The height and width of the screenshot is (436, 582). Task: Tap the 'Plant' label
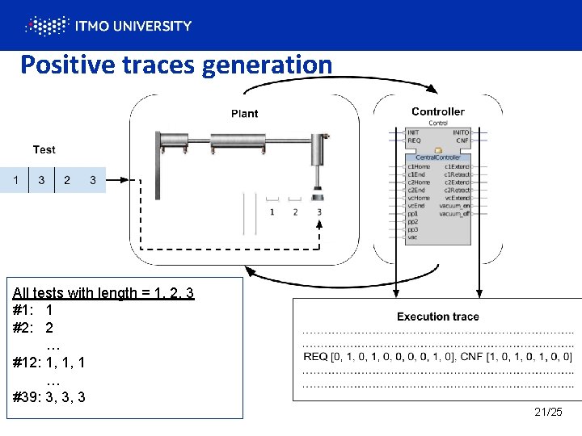pos(245,114)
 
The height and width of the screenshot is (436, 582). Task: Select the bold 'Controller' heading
pos(437,111)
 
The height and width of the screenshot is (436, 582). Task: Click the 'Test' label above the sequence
pos(44,149)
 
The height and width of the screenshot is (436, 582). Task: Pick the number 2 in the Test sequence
pos(67,180)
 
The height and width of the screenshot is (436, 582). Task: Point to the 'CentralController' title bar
pos(437,157)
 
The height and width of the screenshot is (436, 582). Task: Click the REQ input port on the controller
pos(414,140)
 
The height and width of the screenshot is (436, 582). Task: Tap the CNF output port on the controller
pos(462,140)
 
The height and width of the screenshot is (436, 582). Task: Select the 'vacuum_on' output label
pos(454,206)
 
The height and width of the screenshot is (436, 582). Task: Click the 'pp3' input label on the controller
pos(413,228)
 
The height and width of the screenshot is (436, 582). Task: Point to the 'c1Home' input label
pos(418,166)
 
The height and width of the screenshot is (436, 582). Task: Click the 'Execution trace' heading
pos(437,317)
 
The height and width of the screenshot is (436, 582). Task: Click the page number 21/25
pos(548,413)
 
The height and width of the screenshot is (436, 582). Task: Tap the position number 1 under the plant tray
pos(272,212)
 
